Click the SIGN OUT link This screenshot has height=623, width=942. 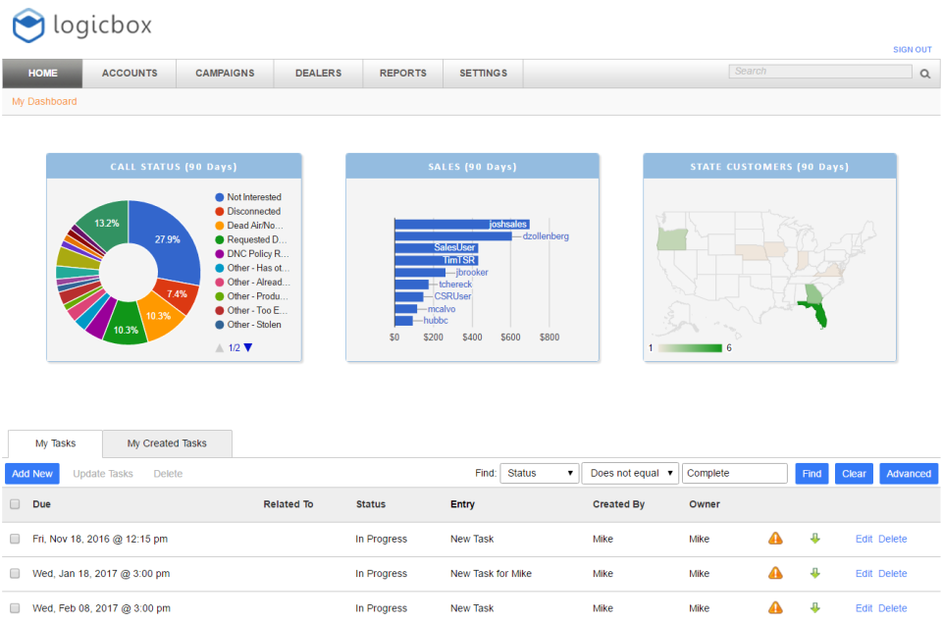[x=912, y=49]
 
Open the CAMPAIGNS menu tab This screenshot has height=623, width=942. [x=225, y=74]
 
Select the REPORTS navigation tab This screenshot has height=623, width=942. [x=403, y=74]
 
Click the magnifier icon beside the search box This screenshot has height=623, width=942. [x=924, y=73]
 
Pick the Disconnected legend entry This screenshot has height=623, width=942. [x=253, y=211]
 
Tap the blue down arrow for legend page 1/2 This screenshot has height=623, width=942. [x=248, y=347]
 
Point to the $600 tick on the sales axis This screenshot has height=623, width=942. [x=510, y=337]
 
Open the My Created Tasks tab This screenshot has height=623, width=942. [x=167, y=443]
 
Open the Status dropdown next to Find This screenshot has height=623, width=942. [x=540, y=474]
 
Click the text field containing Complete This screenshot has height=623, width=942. [x=734, y=474]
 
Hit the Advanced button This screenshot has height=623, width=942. [x=909, y=474]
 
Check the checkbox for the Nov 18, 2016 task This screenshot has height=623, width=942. [x=15, y=539]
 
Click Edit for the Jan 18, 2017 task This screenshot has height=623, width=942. [x=863, y=574]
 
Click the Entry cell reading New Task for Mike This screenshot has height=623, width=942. [x=491, y=574]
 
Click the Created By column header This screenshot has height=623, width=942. [x=618, y=504]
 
